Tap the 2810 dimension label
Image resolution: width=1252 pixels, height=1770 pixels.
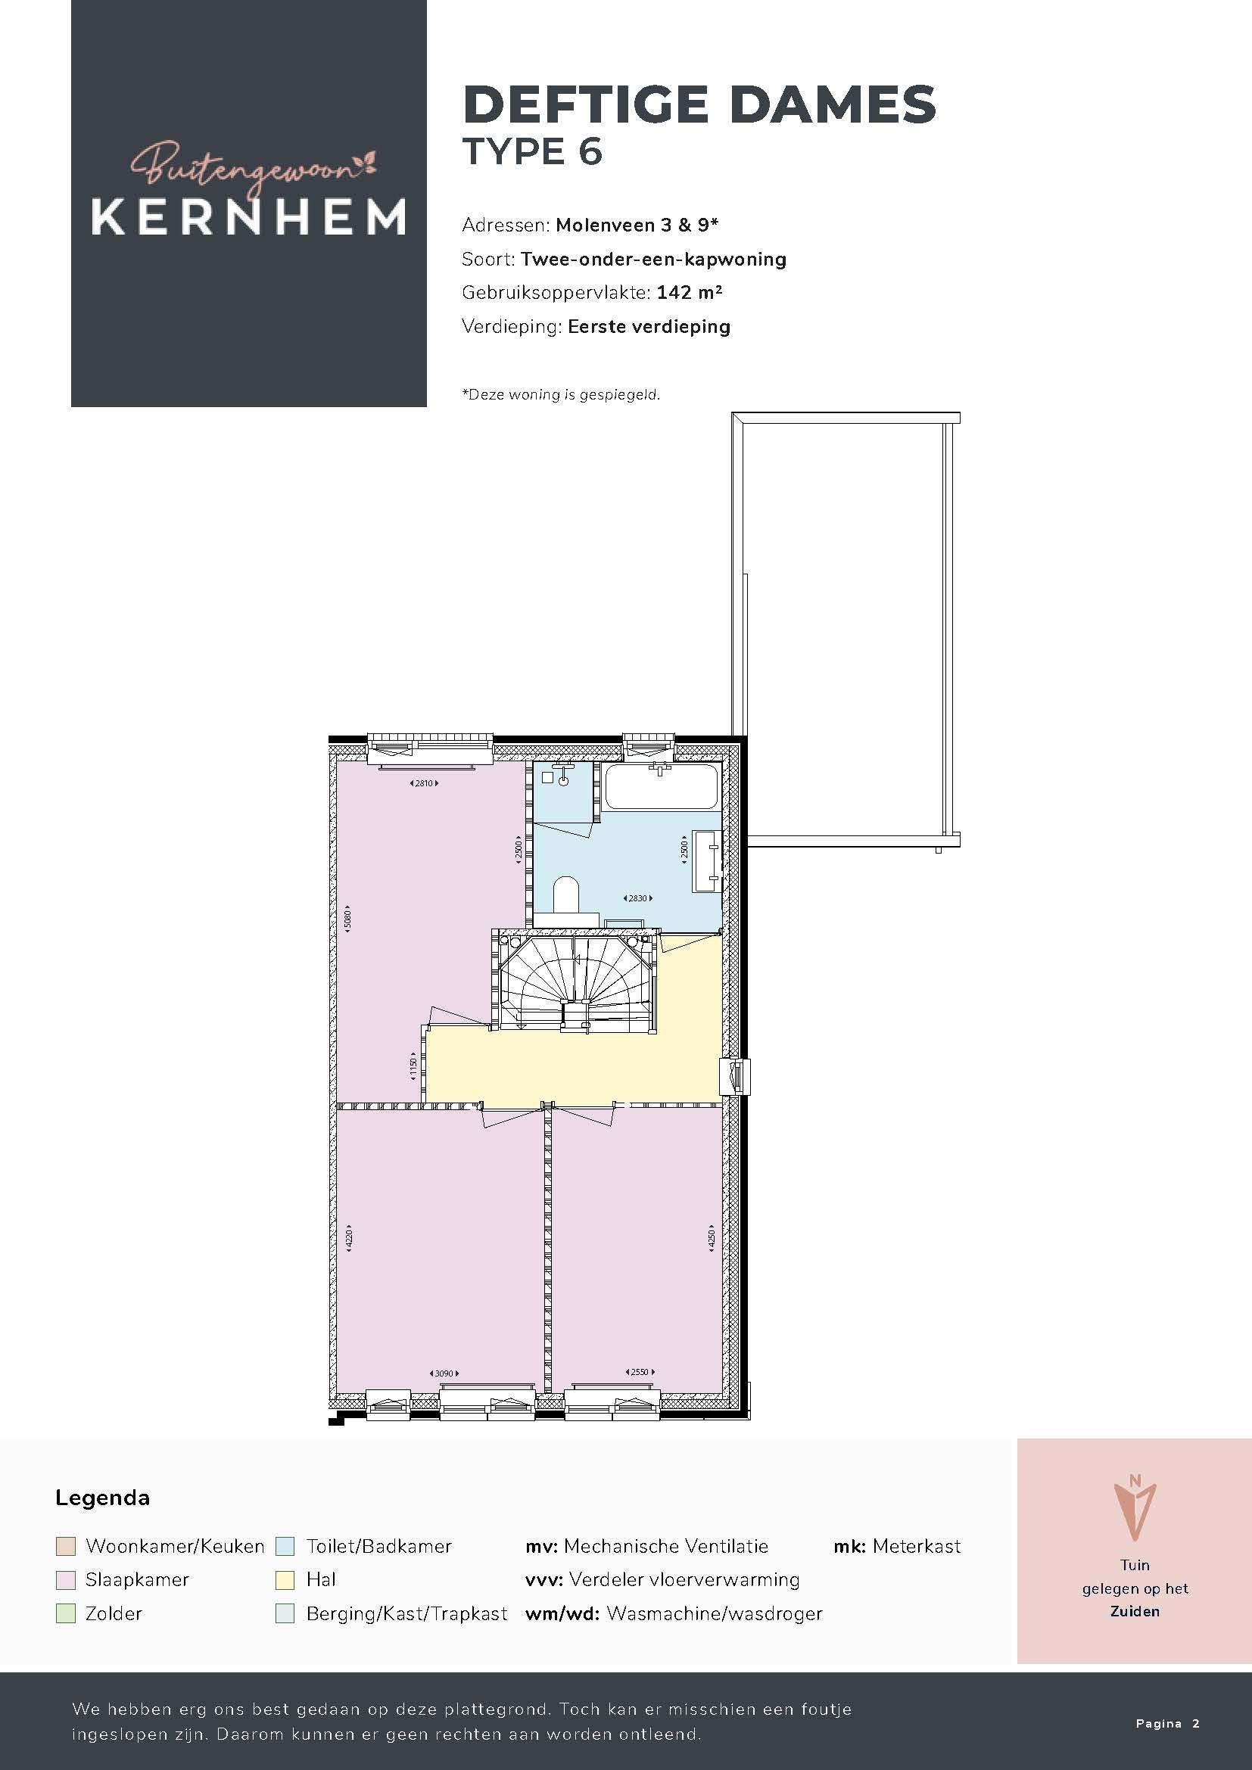(424, 783)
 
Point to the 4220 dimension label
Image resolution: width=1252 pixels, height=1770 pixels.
(348, 1238)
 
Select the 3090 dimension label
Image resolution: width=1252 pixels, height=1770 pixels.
(444, 1373)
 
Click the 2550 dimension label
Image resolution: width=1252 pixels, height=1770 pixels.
(640, 1371)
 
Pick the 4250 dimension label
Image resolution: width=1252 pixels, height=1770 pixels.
(712, 1238)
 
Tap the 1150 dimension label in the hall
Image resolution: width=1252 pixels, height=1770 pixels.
(413, 1067)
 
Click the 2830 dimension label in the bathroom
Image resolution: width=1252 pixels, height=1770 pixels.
(637, 898)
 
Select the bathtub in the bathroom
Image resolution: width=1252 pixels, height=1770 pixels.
(662, 786)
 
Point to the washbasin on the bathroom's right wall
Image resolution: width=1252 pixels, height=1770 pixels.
(706, 860)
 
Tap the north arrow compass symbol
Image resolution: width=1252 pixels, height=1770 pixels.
(1135, 1509)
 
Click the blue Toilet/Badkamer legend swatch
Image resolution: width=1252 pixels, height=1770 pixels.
(285, 1546)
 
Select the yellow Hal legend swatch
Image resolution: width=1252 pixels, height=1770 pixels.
(285, 1579)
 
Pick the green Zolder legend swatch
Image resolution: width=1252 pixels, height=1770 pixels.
(66, 1613)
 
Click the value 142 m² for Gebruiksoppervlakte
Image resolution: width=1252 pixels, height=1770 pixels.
(690, 292)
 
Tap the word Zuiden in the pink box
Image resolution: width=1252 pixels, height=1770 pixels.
(1135, 1611)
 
